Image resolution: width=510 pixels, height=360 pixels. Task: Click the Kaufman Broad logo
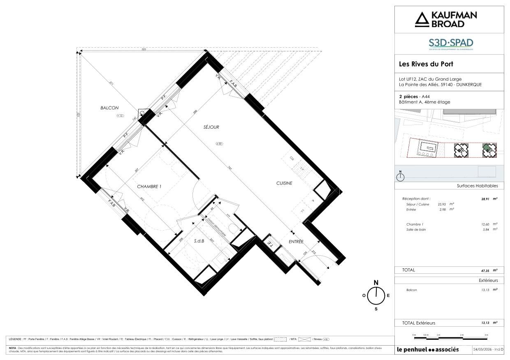click(x=446, y=19)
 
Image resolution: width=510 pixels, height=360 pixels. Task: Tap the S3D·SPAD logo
click(x=446, y=44)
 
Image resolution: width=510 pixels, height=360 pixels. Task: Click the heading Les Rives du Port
click(x=426, y=64)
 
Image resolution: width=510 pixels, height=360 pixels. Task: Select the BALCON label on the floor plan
click(x=109, y=108)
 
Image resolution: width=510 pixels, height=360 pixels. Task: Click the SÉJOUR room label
click(x=211, y=127)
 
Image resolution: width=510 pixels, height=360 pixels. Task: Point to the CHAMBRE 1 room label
click(x=149, y=187)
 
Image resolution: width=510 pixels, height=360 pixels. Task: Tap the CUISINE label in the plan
click(x=284, y=183)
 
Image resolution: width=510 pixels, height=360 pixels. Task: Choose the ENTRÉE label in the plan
click(x=296, y=242)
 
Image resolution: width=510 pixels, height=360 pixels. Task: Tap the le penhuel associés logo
click(x=433, y=350)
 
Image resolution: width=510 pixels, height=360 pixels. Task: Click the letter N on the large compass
click(x=376, y=282)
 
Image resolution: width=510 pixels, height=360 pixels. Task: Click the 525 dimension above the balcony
click(x=144, y=49)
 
